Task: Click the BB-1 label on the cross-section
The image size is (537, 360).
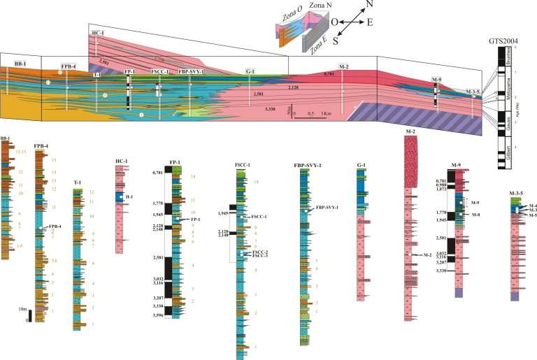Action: (13, 64)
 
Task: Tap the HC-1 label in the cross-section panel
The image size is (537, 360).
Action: (97, 33)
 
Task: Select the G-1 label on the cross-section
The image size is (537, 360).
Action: (250, 71)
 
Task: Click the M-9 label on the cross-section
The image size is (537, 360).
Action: (436, 80)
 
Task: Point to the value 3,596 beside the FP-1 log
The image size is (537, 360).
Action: (162, 315)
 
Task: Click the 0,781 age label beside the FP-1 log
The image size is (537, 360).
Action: (162, 171)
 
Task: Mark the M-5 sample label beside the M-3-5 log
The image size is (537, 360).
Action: (534, 215)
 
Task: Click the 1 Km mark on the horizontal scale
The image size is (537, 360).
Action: (326, 112)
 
